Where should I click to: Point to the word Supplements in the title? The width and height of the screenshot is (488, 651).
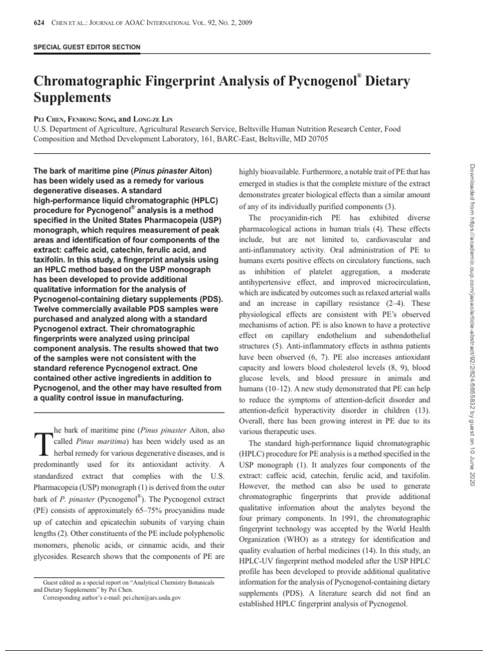[71, 99]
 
